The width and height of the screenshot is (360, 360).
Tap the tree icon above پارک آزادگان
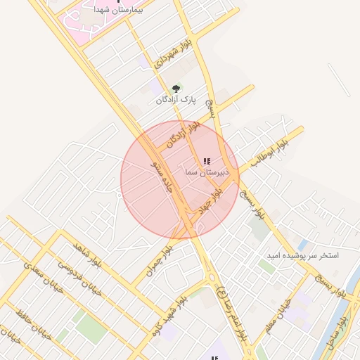coord(176,89)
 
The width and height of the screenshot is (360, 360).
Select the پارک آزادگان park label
coord(176,101)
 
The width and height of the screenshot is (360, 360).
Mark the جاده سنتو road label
coord(162,173)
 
